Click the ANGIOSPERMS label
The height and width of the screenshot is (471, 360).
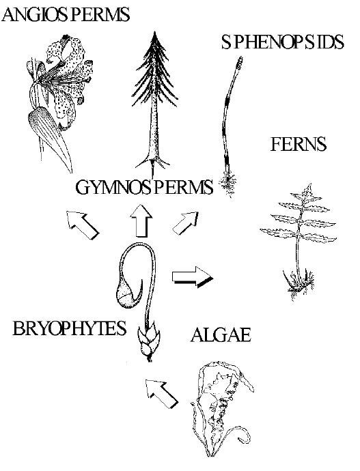66,15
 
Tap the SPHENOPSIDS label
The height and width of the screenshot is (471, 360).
283,42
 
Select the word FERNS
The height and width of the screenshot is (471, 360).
299,145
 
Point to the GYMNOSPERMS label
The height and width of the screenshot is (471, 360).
144,187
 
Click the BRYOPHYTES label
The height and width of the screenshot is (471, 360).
70,328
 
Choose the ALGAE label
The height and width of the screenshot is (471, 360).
221,334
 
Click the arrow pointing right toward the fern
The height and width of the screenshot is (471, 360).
193,276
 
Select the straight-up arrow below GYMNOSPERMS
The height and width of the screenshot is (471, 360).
141,220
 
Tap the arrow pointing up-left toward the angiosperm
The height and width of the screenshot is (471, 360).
83,225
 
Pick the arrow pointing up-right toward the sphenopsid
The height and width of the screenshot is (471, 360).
186,223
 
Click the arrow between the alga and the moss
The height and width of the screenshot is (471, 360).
162,393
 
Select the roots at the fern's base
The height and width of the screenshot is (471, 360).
299,284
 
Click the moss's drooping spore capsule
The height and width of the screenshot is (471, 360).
128,296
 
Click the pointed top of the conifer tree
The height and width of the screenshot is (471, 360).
155,33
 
